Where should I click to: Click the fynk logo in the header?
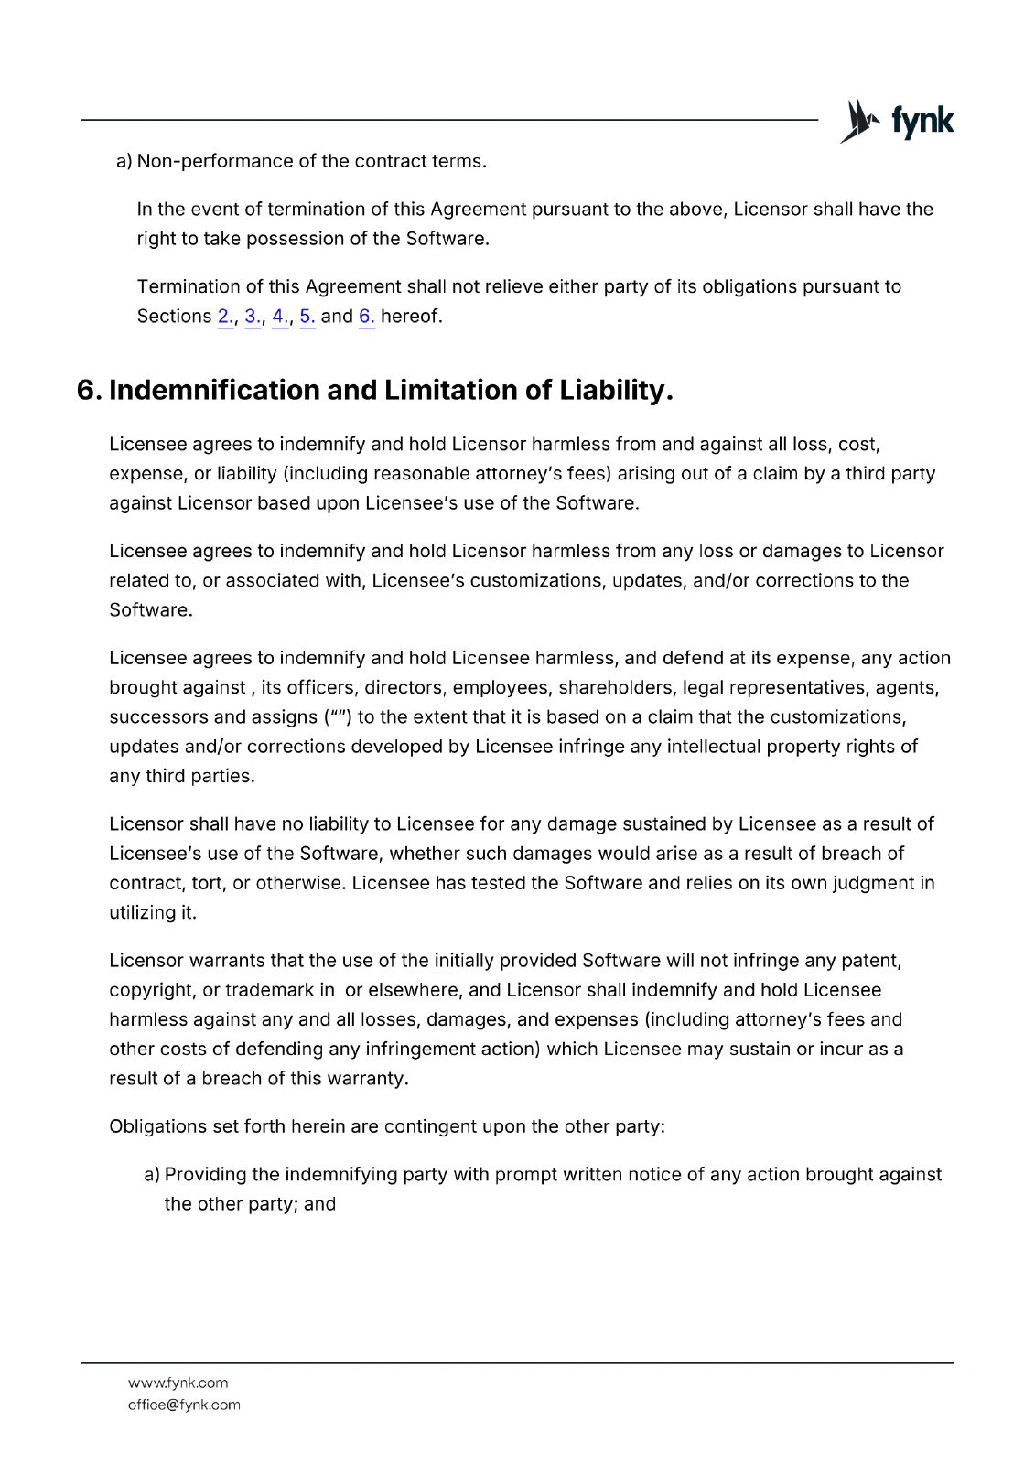(x=896, y=121)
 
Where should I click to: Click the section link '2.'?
(x=225, y=317)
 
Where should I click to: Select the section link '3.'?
(x=253, y=317)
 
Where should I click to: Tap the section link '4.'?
(x=280, y=317)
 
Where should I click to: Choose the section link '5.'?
(x=307, y=317)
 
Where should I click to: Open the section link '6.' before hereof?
(x=366, y=317)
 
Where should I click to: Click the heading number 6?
(x=89, y=391)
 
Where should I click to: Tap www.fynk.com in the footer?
(x=178, y=1383)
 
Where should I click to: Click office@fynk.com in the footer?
(x=184, y=1405)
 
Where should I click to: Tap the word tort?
(x=208, y=883)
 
